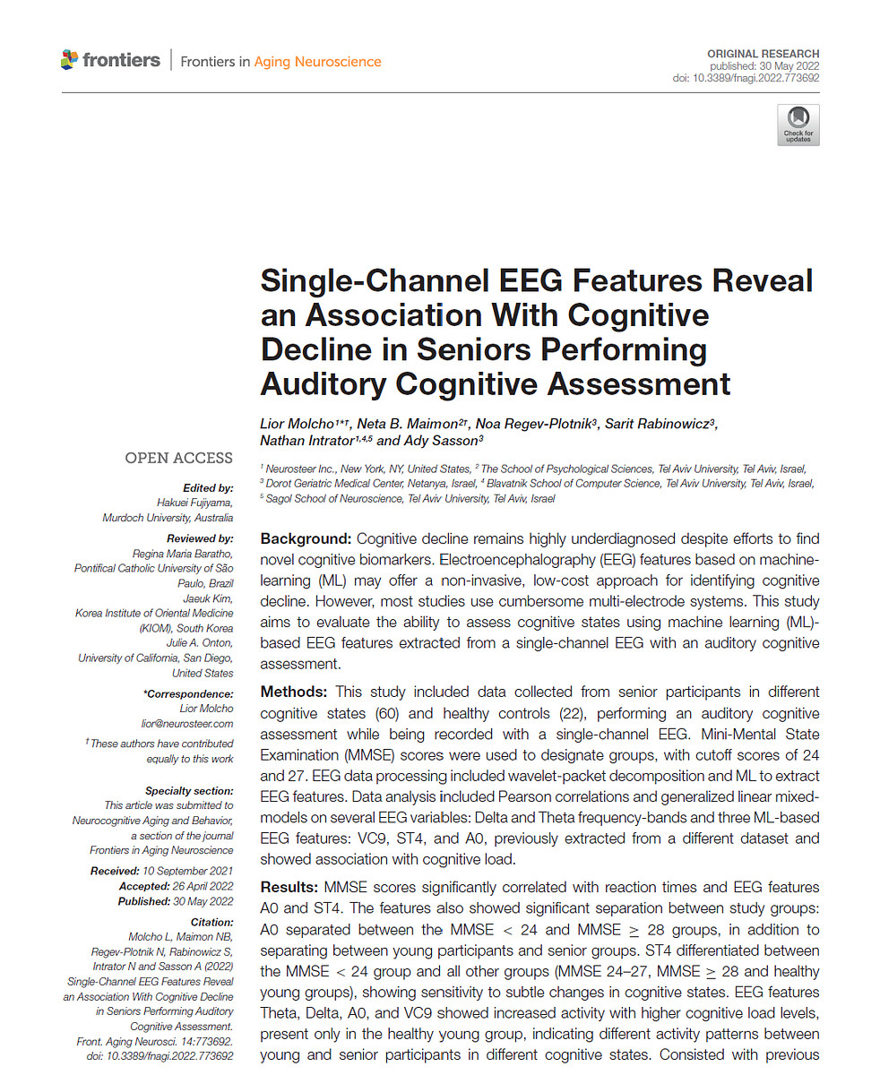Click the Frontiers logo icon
(x=69, y=60)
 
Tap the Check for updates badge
(x=798, y=125)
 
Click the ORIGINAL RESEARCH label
(x=763, y=55)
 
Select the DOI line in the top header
(x=746, y=78)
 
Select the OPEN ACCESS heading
(x=178, y=458)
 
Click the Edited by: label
(x=207, y=488)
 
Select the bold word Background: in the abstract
(x=305, y=539)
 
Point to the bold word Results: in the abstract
(x=289, y=887)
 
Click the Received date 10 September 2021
(x=188, y=871)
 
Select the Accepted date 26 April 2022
(x=194, y=886)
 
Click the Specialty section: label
(x=188, y=791)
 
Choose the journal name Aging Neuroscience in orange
(x=317, y=62)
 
